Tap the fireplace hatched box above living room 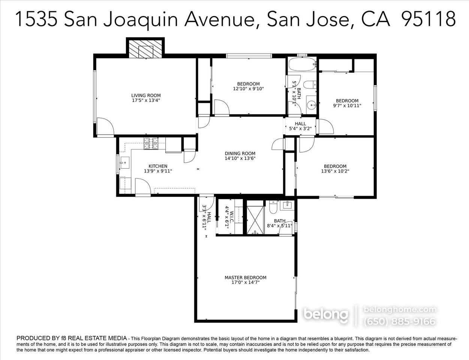coord(145,49)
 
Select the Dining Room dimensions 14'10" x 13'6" coord(240,158)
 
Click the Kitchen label coord(158,166)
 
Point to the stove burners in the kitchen coord(151,144)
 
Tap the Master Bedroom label coord(245,277)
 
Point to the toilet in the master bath coord(273,207)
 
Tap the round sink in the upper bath coord(311,104)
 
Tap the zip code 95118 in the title coord(428,18)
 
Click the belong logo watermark coord(325,314)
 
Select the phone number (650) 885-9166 coord(400,321)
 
